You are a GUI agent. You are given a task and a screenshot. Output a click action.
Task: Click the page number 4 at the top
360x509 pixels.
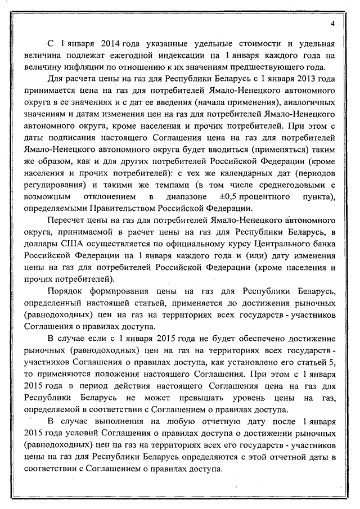click(x=332, y=23)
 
